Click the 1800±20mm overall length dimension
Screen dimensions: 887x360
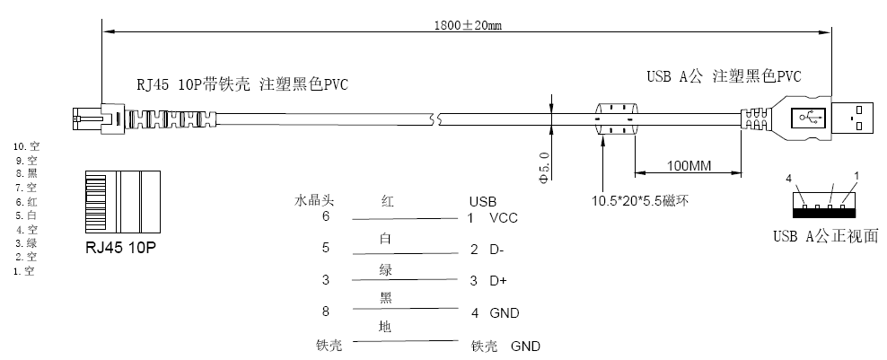tap(468, 25)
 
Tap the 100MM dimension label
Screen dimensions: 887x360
tap(689, 166)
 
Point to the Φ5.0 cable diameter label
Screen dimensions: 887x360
tap(544, 167)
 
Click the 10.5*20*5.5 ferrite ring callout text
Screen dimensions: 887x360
tap(640, 201)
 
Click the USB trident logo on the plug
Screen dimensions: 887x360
tap(811, 118)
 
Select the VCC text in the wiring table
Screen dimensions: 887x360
tap(504, 218)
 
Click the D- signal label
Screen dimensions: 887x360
tap(496, 250)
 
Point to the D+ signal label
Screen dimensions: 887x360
tap(497, 281)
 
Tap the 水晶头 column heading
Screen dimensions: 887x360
tap(314, 200)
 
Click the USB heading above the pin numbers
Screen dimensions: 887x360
tap(482, 201)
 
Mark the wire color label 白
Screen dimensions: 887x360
tap(385, 239)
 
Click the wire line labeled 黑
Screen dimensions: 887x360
tap(405, 309)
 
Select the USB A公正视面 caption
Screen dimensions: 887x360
tap(826, 236)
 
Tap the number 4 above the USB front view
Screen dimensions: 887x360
tap(788, 179)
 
